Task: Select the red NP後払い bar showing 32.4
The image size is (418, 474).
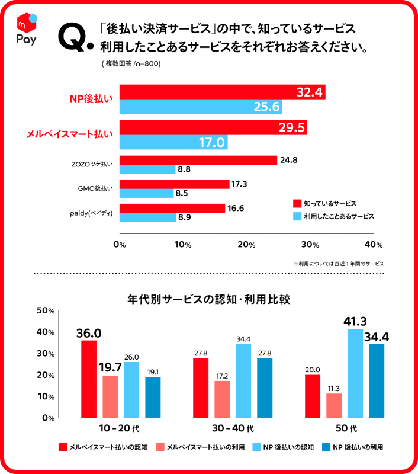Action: pyautogui.click(x=222, y=92)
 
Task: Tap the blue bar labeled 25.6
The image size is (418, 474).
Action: pyautogui.click(x=201, y=107)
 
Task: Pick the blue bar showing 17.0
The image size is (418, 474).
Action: pyautogui.click(x=173, y=143)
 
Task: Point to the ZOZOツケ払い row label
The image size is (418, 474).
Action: pyautogui.click(x=87, y=161)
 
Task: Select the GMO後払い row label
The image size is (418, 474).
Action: pyautogui.click(x=95, y=188)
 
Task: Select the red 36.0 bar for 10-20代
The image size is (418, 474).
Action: pyautogui.click(x=89, y=379)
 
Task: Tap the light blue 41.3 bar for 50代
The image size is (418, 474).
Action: pyautogui.click(x=355, y=373)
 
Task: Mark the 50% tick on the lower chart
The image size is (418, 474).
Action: pyautogui.click(x=46, y=310)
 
